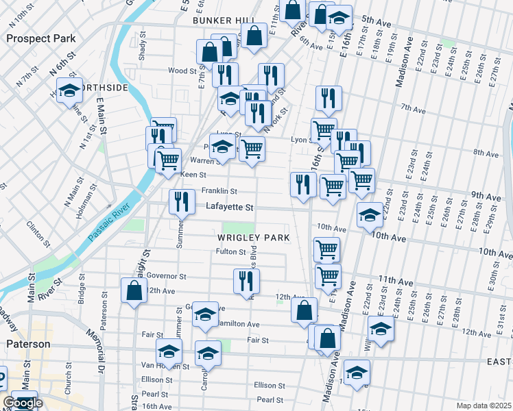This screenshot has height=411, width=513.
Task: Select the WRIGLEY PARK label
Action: click(253, 238)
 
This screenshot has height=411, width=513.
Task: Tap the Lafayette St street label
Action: click(230, 206)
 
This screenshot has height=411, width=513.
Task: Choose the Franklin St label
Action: click(219, 191)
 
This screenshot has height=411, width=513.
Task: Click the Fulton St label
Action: click(231, 252)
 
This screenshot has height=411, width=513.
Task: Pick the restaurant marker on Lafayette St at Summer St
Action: click(182, 201)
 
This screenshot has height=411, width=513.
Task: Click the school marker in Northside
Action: click(69, 90)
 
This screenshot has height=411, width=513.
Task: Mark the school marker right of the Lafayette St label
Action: click(370, 214)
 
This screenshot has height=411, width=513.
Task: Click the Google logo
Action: click(23, 403)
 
